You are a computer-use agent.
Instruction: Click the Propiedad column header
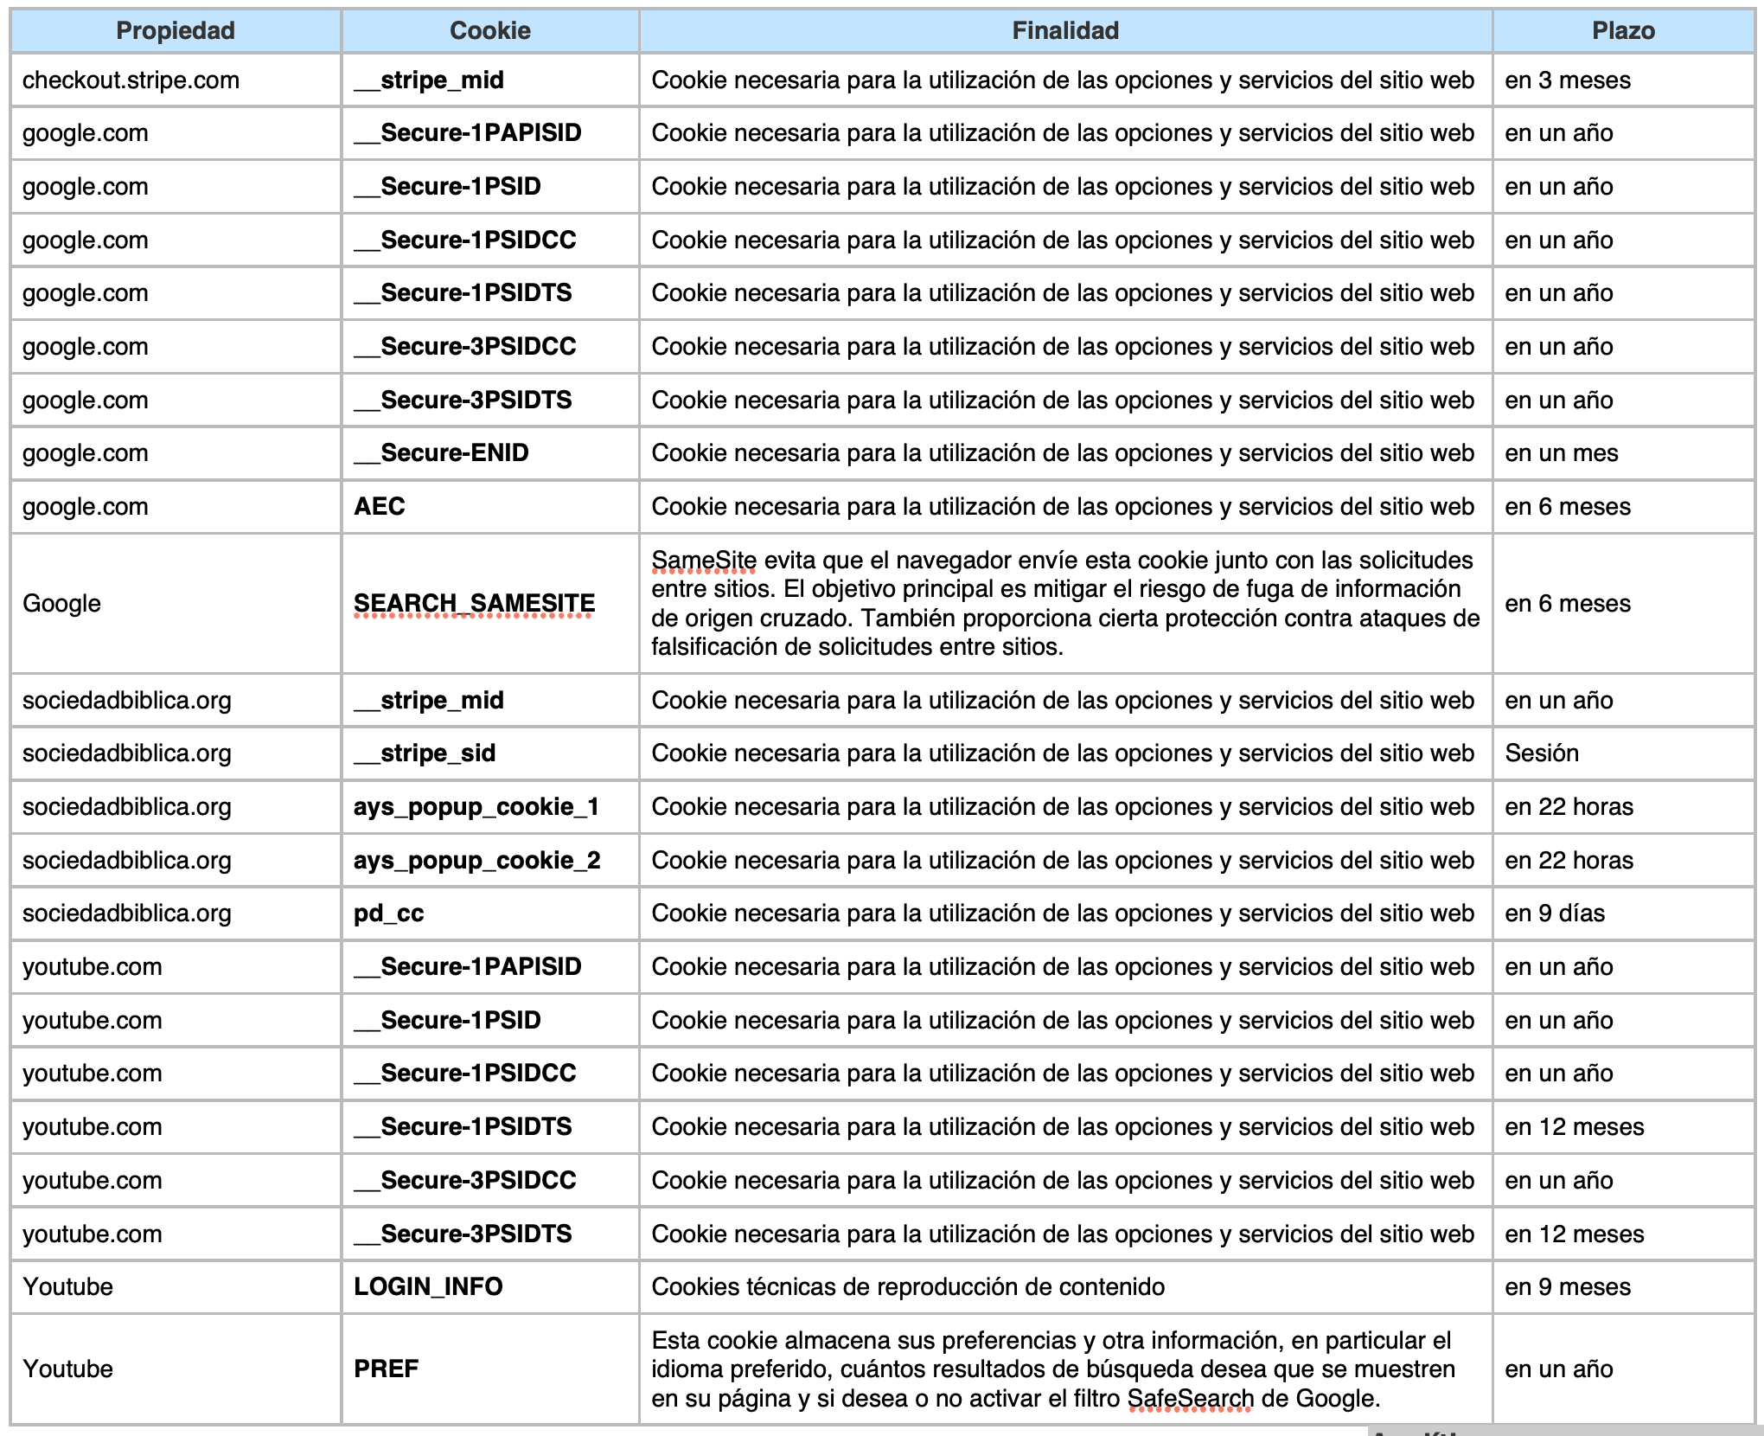(176, 31)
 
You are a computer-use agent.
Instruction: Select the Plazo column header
(1623, 31)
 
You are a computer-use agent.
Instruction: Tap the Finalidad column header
(1065, 31)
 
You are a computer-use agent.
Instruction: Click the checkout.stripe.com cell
(131, 80)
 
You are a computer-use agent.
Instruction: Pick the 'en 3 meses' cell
(1567, 80)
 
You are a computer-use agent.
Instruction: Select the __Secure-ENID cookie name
(442, 453)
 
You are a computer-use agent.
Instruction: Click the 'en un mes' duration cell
(1561, 453)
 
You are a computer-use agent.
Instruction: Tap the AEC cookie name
(380, 507)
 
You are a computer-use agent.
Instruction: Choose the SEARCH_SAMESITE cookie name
(474, 603)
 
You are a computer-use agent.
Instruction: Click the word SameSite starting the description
(704, 561)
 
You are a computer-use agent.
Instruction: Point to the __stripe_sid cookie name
(425, 753)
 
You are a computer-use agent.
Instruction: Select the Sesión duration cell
(1541, 753)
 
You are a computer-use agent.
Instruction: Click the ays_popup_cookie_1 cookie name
(476, 807)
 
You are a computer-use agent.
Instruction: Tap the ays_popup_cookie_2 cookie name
(476, 861)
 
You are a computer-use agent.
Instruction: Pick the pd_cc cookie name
(388, 914)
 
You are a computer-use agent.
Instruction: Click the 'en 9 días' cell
(1554, 914)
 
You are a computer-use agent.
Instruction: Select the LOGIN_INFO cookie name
(428, 1287)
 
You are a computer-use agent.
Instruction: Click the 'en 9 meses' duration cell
(1567, 1287)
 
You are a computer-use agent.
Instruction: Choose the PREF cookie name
(386, 1369)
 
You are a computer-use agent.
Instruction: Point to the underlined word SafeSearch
(1190, 1399)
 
